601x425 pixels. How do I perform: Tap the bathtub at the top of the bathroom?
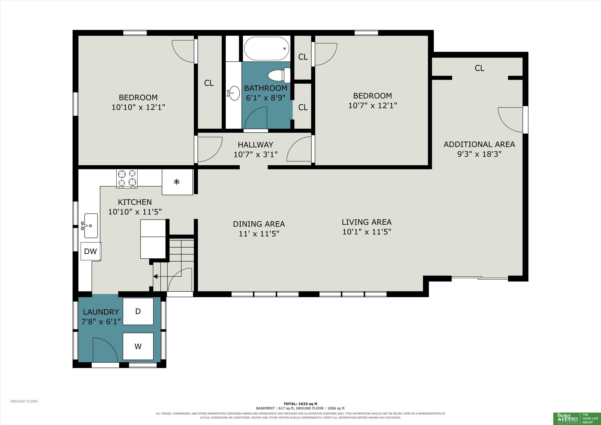(266, 49)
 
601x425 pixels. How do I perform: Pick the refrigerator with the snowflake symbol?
(177, 182)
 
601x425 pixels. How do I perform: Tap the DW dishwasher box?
(90, 251)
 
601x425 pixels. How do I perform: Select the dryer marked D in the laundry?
(138, 311)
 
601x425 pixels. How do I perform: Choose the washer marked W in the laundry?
(138, 346)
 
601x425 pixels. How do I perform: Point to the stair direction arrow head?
(155, 276)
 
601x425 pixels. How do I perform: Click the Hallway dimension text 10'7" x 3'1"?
(255, 154)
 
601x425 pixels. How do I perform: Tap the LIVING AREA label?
(366, 222)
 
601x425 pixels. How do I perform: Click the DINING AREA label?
(259, 224)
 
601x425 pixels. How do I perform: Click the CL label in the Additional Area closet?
(480, 68)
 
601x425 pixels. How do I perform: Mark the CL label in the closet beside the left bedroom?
(209, 83)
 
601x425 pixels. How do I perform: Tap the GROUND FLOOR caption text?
(24, 401)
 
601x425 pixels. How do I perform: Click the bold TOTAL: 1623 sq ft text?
(300, 404)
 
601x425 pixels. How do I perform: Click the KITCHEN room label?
(135, 202)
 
